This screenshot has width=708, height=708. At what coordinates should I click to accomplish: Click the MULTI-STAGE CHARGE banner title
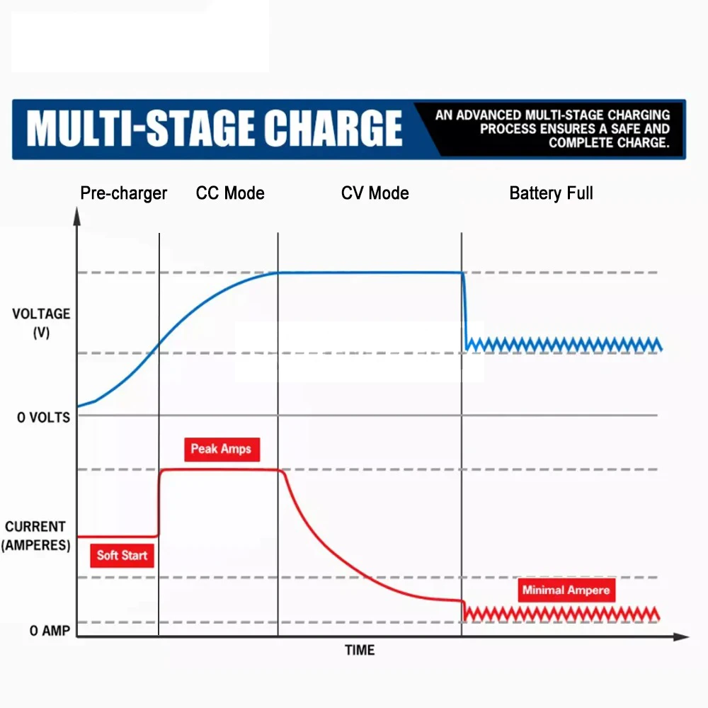215,129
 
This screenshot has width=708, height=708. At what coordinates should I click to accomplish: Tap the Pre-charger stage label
124,193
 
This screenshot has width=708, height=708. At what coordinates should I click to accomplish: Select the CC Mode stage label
230,193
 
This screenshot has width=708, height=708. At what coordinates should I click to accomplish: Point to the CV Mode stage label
375,193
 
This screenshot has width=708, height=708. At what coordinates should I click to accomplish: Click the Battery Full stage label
551,193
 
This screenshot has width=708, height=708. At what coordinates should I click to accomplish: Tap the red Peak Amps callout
221,449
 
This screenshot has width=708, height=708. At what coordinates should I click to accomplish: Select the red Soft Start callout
122,555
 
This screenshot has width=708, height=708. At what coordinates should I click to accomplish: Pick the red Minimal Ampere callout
565,590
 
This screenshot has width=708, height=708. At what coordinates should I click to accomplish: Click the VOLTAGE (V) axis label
41,322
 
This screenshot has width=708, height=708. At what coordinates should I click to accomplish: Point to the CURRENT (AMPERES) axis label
35,536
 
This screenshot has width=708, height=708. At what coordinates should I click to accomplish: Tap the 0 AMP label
50,630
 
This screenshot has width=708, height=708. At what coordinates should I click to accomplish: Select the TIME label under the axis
360,650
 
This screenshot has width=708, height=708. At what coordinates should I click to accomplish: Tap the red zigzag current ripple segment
563,613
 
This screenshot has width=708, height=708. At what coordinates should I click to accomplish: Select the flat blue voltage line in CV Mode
368,273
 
